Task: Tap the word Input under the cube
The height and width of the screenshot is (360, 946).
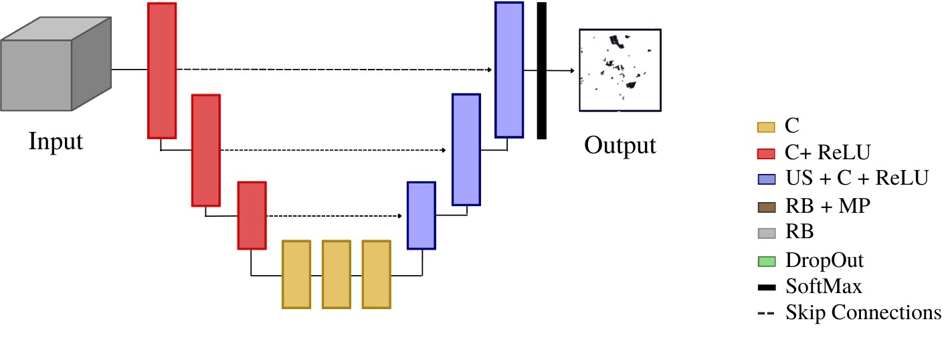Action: (x=56, y=141)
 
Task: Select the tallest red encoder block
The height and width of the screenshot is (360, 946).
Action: (x=162, y=70)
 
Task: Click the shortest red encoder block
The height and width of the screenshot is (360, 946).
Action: (x=252, y=215)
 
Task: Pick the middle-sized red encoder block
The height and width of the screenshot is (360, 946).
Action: (x=206, y=150)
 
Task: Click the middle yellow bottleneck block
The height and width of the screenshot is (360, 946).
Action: (x=337, y=274)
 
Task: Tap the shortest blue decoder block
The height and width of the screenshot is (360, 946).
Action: (x=421, y=215)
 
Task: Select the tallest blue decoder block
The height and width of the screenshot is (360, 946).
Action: (x=508, y=70)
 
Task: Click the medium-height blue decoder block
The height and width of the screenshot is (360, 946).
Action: (x=466, y=149)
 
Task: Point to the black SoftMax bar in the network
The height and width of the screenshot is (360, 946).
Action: (x=541, y=70)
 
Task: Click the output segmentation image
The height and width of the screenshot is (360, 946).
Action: (x=620, y=70)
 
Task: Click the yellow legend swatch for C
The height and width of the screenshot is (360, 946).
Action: (x=765, y=126)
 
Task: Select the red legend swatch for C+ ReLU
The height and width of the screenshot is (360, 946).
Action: (x=765, y=153)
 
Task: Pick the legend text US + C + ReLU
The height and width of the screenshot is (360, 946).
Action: (x=856, y=179)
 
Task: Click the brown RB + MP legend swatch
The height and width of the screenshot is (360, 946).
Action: (x=765, y=207)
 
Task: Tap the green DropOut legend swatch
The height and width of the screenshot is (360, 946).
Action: (x=765, y=260)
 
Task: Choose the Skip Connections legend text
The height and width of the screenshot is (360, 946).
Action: (x=863, y=312)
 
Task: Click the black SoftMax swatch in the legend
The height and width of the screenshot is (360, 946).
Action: (x=765, y=288)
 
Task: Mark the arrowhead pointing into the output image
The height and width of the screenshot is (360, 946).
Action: (x=571, y=70)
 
